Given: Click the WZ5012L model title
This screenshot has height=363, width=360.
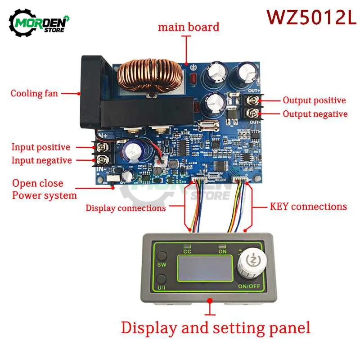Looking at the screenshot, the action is [311, 17].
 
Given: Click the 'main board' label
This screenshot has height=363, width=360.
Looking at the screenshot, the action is [188, 27].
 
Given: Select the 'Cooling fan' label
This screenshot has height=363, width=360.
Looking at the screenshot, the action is [34, 94].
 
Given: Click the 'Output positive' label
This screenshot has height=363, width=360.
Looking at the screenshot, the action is [314, 100].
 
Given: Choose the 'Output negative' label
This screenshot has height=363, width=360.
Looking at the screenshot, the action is [315, 114].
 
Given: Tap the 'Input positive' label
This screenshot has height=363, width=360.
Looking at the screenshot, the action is [40, 147].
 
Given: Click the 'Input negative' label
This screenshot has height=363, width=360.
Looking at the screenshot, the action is [41, 160].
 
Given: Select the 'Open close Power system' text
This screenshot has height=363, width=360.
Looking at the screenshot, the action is [44, 189].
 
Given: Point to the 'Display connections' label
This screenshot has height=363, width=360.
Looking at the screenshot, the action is [126, 208].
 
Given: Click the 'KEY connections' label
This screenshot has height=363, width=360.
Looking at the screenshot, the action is [308, 207].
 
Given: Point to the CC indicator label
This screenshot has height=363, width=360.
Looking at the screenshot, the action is [186, 252].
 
